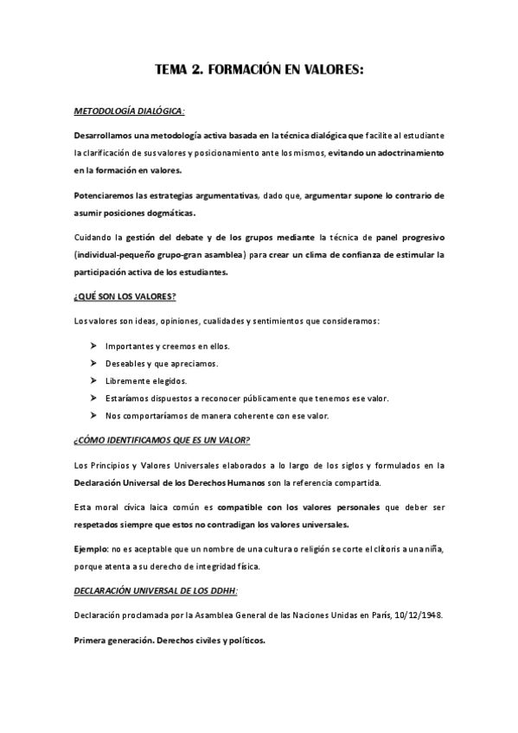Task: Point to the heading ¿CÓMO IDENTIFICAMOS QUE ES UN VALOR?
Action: [x=161, y=440]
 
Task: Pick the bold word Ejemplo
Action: [x=90, y=549]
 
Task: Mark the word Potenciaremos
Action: [x=108, y=195]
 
